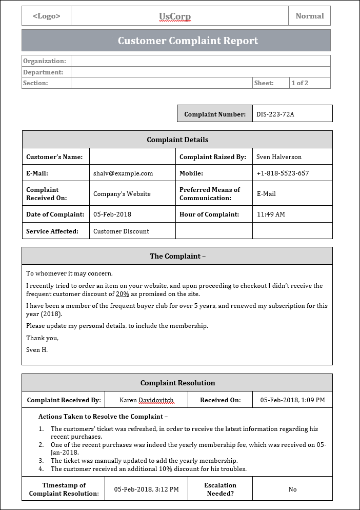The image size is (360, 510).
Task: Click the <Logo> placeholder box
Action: click(46, 16)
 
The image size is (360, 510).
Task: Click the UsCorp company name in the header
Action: click(175, 16)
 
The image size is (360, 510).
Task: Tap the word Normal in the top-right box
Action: click(310, 16)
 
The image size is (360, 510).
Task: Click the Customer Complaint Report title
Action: click(188, 41)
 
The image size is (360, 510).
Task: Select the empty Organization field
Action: click(201, 61)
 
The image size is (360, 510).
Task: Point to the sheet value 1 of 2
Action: click(299, 83)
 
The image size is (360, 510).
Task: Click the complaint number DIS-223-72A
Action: click(275, 114)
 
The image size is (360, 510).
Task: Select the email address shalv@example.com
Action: click(123, 173)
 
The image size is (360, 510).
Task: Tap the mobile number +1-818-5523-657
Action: click(283, 173)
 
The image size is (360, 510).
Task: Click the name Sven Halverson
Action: click(279, 156)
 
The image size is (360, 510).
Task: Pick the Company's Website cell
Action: click(122, 193)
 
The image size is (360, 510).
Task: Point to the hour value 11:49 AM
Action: click(271, 214)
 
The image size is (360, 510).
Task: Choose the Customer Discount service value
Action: click(121, 231)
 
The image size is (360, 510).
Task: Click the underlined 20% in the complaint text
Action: click(123, 294)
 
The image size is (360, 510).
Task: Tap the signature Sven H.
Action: click(37, 349)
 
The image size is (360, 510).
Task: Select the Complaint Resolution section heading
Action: click(177, 383)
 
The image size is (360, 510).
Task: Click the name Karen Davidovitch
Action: click(146, 400)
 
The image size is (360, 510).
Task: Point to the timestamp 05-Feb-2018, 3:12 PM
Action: click(146, 489)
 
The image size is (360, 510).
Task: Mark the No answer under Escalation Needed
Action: click(292, 489)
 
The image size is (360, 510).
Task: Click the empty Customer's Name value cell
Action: click(132, 156)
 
